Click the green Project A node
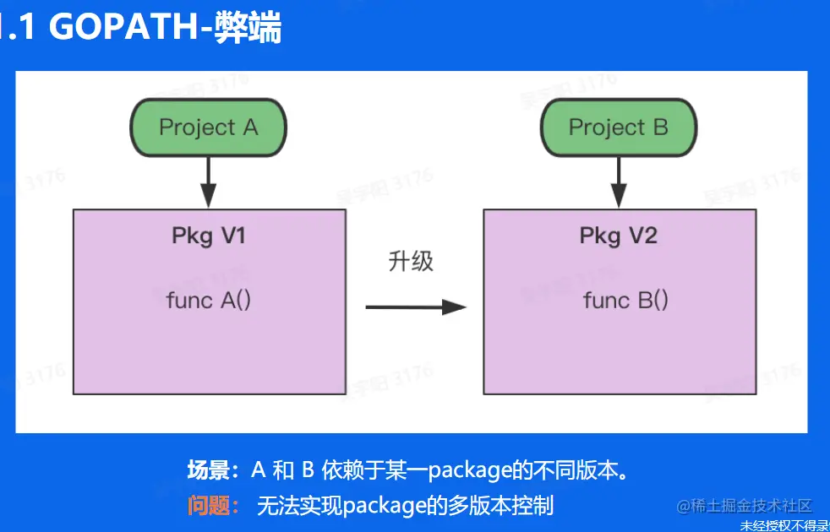[208, 128]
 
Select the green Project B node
[618, 128]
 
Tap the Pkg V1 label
[209, 236]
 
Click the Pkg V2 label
[618, 236]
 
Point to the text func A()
[209, 300]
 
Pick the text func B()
[625, 300]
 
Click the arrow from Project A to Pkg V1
[208, 182]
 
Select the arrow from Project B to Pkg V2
[619, 182]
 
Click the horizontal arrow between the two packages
[415, 307]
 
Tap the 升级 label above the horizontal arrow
[411, 261]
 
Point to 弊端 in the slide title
[250, 28]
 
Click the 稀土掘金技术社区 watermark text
[751, 506]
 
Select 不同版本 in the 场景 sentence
[575, 470]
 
